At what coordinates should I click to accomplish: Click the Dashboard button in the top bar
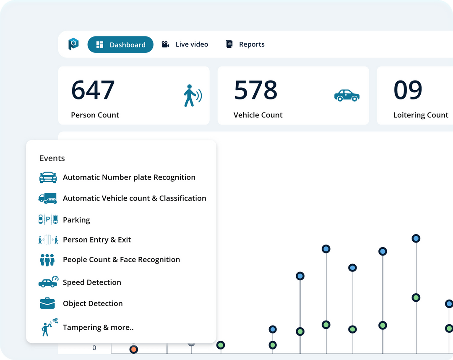(x=120, y=45)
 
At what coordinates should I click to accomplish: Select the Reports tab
(x=245, y=44)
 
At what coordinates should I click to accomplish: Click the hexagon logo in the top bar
(x=73, y=44)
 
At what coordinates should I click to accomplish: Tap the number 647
(x=93, y=90)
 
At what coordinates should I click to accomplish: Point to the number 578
(x=255, y=90)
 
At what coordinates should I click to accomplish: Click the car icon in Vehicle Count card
(x=346, y=95)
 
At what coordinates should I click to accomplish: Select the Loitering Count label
(x=421, y=115)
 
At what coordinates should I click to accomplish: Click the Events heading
(x=52, y=158)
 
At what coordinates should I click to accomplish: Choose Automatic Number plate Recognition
(x=129, y=177)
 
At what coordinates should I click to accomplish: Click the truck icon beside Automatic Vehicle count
(x=47, y=198)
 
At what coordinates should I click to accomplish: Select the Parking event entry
(x=76, y=220)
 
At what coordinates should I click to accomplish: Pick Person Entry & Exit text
(x=97, y=240)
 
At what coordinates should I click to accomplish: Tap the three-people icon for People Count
(x=47, y=260)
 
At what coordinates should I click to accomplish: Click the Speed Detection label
(x=92, y=282)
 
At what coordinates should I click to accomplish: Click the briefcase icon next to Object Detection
(x=47, y=303)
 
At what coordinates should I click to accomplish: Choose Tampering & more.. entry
(x=98, y=327)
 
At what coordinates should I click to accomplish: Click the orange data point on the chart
(x=133, y=349)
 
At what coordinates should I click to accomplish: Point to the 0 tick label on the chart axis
(x=94, y=348)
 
